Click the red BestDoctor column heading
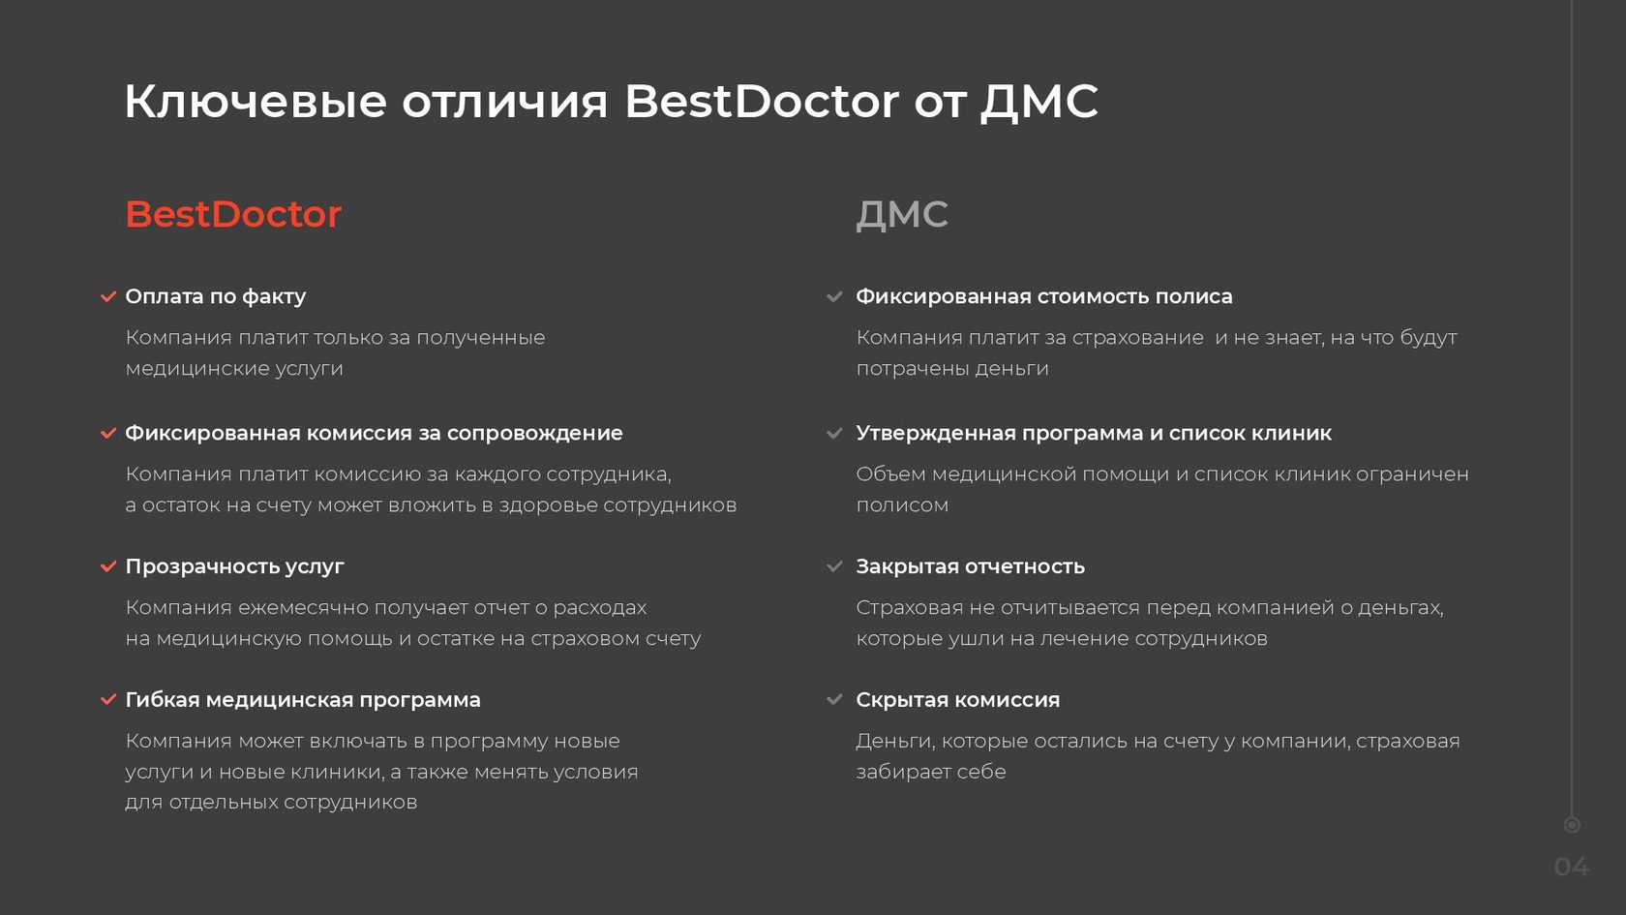click(233, 214)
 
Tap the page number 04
click(1572, 868)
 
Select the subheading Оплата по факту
click(216, 296)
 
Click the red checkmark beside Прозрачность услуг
click(108, 566)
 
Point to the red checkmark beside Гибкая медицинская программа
click(108, 699)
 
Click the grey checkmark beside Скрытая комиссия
click(834, 699)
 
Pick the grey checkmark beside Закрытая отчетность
click(834, 566)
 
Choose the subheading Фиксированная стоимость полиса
click(1043, 296)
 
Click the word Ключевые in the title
click(256, 101)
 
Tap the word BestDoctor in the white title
click(762, 101)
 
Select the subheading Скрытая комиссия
click(957, 700)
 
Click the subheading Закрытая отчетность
click(970, 566)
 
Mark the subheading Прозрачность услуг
click(234, 566)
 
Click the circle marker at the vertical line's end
click(1572, 825)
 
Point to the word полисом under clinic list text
click(902, 504)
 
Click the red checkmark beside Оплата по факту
click(108, 296)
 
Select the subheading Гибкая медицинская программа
click(303, 700)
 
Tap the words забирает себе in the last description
click(931, 771)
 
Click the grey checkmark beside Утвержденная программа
click(834, 433)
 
